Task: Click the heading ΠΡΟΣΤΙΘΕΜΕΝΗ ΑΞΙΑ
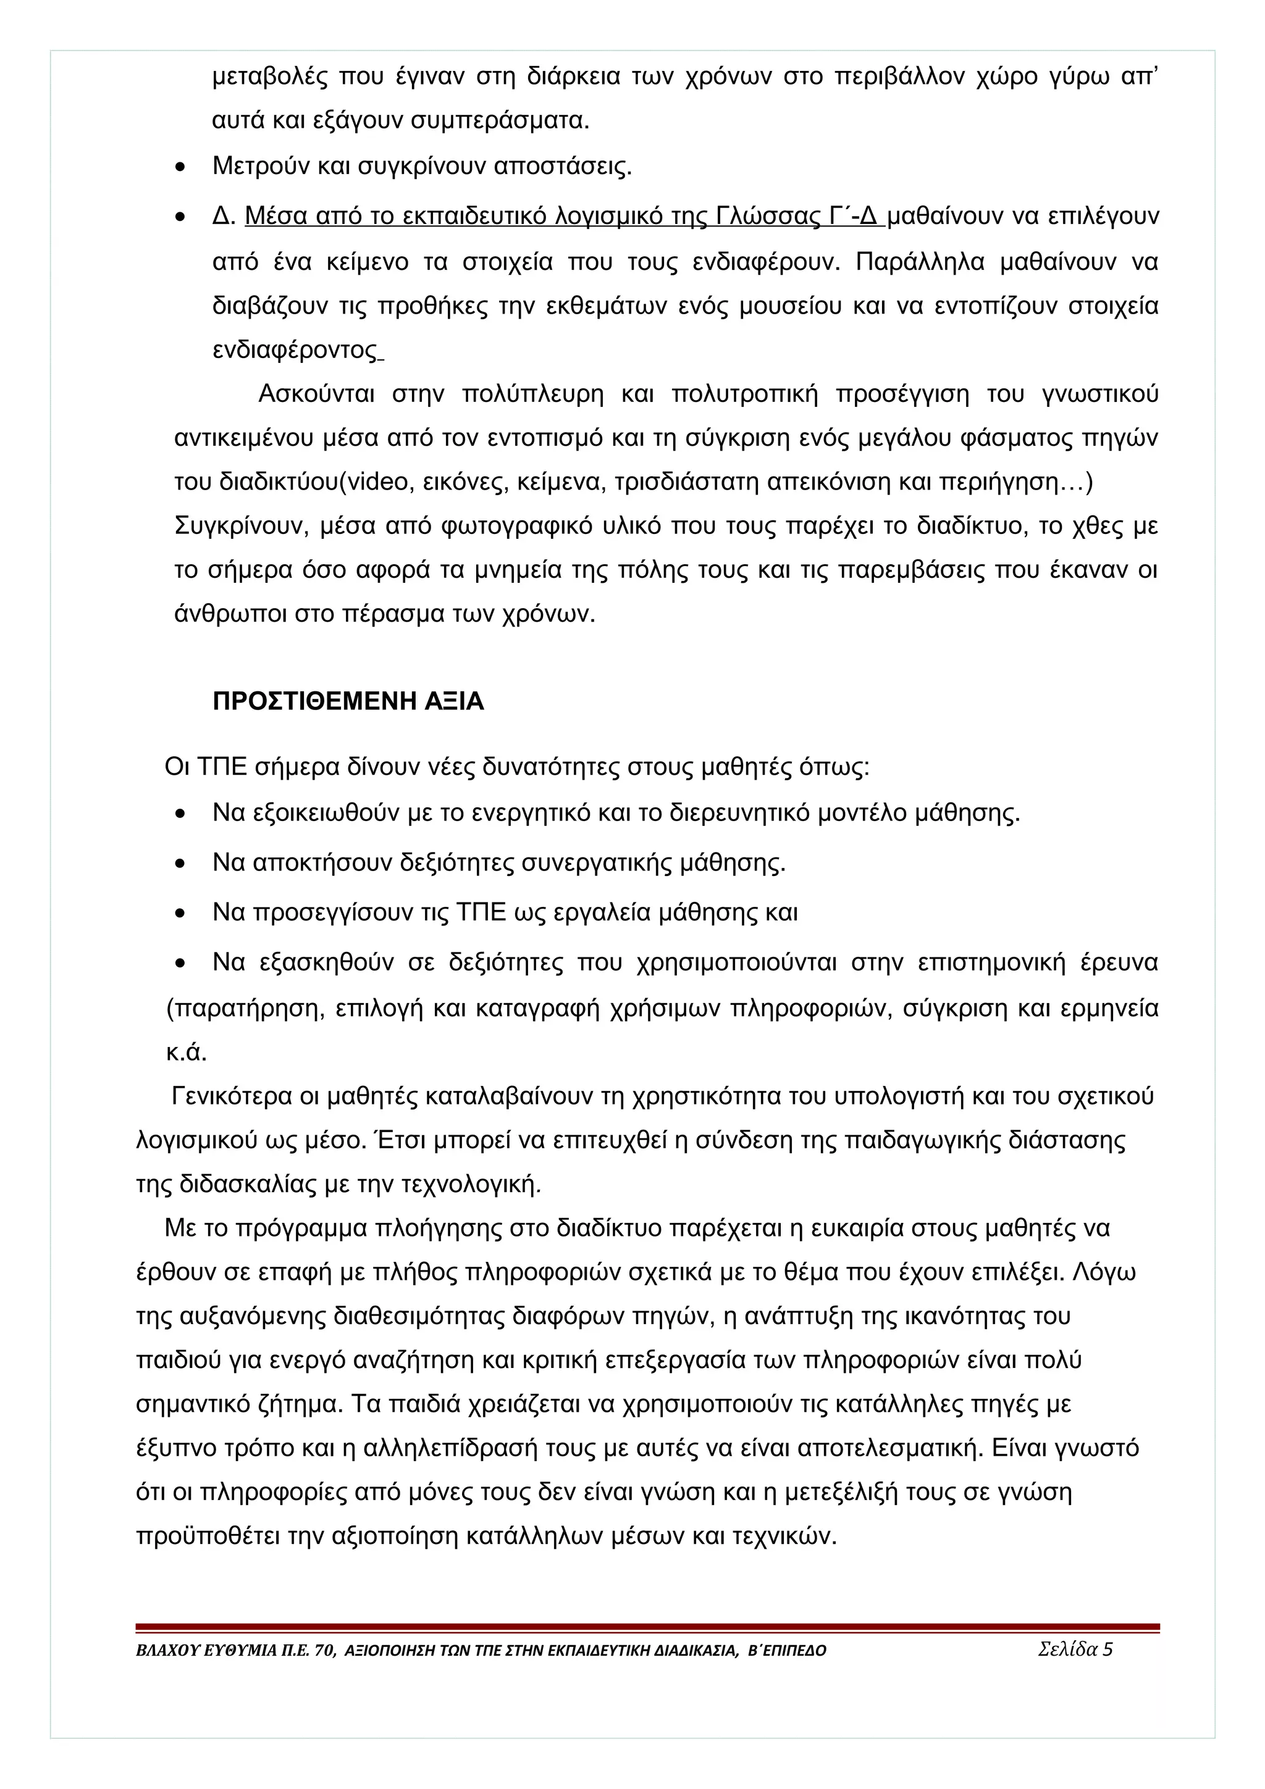(x=348, y=702)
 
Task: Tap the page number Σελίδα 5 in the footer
(x=1075, y=1649)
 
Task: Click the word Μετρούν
(x=261, y=166)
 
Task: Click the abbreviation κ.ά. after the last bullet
(x=187, y=1053)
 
